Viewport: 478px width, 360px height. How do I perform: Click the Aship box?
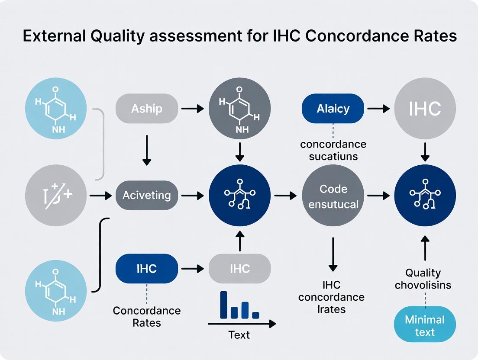(147, 108)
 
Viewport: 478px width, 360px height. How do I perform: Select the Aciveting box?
(147, 196)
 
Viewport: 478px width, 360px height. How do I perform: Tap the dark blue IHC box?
(147, 269)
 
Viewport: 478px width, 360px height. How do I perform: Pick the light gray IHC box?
(240, 269)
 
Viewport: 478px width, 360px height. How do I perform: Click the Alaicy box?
(333, 108)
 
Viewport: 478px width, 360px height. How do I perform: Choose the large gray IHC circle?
(425, 109)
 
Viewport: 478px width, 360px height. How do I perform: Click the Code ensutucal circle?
(333, 196)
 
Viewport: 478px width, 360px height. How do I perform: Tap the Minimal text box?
(425, 326)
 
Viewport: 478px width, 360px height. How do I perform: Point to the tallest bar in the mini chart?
(224, 305)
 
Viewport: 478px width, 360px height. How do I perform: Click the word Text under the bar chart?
(239, 335)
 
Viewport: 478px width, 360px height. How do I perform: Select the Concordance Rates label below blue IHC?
(147, 317)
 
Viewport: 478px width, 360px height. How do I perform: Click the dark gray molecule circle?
(240, 109)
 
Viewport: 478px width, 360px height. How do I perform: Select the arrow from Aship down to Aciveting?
(147, 150)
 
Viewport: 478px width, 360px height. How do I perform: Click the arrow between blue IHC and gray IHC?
(193, 269)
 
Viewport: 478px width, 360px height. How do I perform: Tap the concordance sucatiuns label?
(333, 150)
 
